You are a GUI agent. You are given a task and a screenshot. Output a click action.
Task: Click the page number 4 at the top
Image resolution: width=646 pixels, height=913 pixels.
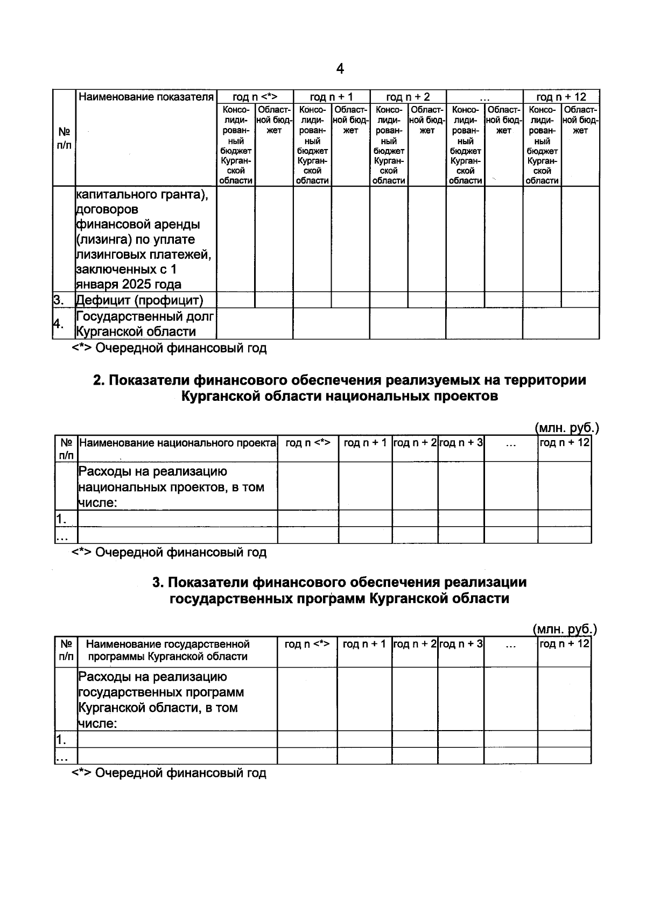click(340, 69)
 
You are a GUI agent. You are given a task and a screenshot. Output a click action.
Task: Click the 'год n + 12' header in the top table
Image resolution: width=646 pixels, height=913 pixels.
click(561, 97)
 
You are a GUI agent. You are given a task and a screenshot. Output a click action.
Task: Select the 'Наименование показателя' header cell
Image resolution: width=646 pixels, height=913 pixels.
click(146, 97)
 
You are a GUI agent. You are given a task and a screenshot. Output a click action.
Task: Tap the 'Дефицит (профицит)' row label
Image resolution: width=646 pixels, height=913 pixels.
click(139, 300)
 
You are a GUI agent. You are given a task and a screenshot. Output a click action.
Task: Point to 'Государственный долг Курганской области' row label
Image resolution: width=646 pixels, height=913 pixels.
click(145, 324)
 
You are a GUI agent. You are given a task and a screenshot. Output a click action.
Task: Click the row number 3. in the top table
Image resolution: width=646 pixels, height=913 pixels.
click(59, 300)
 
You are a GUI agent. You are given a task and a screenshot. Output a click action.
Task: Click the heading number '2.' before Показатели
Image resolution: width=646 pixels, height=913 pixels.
click(99, 380)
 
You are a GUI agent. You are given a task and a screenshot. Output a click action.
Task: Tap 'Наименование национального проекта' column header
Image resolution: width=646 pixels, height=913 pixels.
click(178, 443)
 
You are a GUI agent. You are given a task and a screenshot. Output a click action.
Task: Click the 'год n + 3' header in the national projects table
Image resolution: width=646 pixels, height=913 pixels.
click(461, 443)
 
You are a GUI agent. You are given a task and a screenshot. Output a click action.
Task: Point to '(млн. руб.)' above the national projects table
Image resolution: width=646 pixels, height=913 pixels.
click(567, 428)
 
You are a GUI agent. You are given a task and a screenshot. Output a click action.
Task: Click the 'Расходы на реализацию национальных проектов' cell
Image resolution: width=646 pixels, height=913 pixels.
click(171, 487)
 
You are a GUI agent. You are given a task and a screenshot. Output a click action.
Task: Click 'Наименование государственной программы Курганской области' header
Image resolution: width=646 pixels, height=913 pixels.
click(168, 650)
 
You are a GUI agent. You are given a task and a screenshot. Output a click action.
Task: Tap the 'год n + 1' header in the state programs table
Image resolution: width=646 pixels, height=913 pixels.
click(364, 644)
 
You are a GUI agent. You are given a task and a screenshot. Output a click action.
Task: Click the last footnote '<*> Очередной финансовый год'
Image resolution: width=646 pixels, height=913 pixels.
click(169, 773)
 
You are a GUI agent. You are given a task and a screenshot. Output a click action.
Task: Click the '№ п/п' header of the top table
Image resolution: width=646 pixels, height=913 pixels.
click(64, 138)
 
